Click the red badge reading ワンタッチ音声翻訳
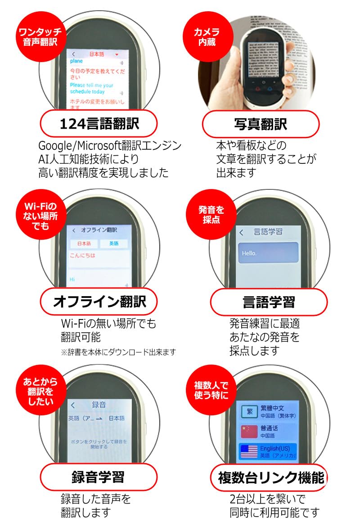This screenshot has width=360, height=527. click(x=41, y=36)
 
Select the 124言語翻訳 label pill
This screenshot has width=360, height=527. click(x=99, y=124)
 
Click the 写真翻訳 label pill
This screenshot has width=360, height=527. click(x=261, y=124)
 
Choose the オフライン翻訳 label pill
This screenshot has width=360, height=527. click(x=99, y=301)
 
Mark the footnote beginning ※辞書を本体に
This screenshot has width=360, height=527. click(x=118, y=351)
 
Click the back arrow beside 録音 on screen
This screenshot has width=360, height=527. click(x=73, y=405)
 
